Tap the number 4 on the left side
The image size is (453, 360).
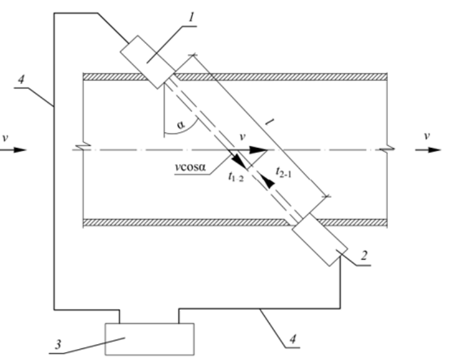22,80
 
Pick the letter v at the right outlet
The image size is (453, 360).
426,135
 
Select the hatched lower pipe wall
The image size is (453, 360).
187,222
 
